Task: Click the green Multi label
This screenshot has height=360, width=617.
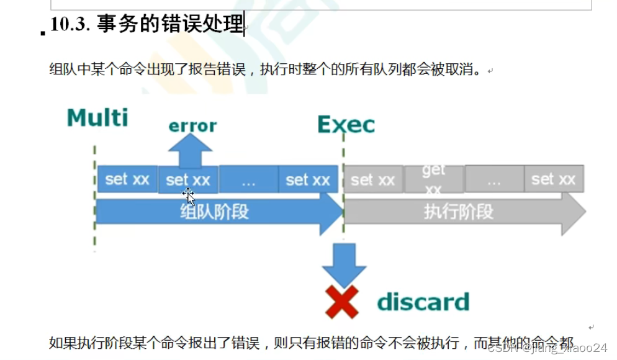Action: pos(97,117)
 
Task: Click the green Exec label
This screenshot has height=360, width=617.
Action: pos(346,125)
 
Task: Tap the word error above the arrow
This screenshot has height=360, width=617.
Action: pos(192,125)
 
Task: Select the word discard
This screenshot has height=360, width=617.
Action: pos(423,302)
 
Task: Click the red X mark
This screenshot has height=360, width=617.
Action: pos(342,302)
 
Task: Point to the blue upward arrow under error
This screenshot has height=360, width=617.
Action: pos(189,151)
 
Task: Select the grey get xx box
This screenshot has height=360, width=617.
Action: pos(434,179)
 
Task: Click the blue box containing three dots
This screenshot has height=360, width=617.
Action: pos(248,179)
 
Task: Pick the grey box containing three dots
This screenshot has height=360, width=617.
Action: pos(493,179)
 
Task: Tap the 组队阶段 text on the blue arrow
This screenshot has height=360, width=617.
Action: pos(214,212)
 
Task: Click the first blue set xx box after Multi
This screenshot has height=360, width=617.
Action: pos(127,179)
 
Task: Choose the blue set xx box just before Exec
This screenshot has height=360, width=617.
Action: pos(308,179)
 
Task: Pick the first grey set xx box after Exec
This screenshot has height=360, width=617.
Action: pos(372,179)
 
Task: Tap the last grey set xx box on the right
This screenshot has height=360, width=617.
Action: pos(553,179)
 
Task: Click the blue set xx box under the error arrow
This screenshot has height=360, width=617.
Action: pos(188,180)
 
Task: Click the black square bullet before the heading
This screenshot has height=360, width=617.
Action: pos(43,33)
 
